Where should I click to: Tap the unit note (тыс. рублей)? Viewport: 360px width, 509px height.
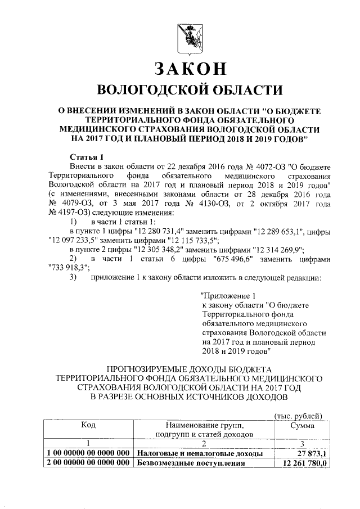(297, 416)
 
